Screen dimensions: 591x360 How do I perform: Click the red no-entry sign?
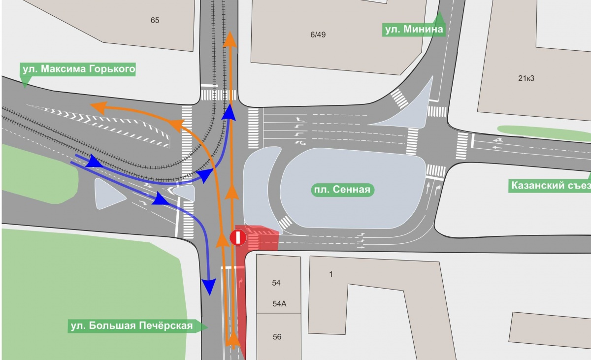(238, 238)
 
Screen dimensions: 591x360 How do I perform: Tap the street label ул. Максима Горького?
(78, 69)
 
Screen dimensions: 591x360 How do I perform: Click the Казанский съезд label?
(550, 186)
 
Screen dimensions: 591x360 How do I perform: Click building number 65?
(155, 21)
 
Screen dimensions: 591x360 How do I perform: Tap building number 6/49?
(318, 34)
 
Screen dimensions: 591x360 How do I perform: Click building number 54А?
(279, 304)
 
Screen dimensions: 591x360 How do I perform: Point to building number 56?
(277, 337)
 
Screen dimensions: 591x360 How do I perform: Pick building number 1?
(330, 274)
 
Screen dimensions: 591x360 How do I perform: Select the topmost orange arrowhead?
(230, 39)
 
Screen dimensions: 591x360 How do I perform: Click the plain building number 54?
(276, 283)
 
